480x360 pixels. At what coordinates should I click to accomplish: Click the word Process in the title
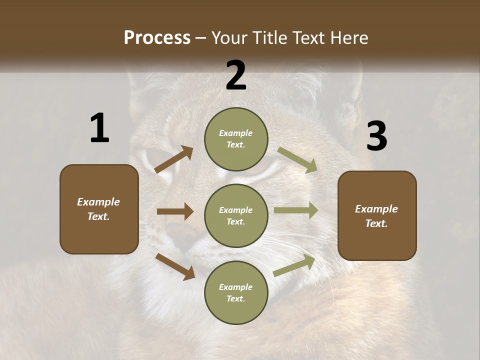tap(157, 38)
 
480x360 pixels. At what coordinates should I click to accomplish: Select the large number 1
tap(99, 128)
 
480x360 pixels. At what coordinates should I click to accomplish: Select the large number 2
tap(235, 75)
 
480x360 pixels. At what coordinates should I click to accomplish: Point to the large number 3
tap(376, 136)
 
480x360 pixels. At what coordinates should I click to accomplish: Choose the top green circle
tap(236, 138)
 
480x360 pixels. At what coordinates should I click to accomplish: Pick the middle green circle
tap(236, 215)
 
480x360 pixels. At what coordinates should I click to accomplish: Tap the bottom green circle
tap(236, 292)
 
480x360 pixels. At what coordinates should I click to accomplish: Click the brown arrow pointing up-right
tap(174, 159)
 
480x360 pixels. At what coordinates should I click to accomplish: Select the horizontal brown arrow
tap(175, 211)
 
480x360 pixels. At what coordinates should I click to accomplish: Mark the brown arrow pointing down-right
tap(175, 266)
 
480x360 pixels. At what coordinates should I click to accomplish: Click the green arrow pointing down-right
tap(297, 160)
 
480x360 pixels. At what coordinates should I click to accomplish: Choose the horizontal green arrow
tap(295, 210)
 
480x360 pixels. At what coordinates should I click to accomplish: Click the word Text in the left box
tap(98, 216)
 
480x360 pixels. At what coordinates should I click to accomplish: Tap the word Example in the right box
tap(376, 209)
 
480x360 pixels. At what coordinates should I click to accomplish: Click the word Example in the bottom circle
tap(236, 287)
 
